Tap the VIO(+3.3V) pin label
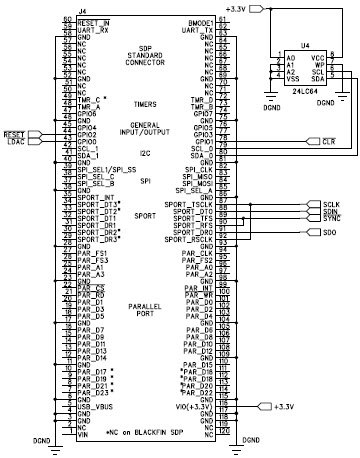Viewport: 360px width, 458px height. tap(196, 407)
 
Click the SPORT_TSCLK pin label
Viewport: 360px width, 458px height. tap(191, 232)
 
